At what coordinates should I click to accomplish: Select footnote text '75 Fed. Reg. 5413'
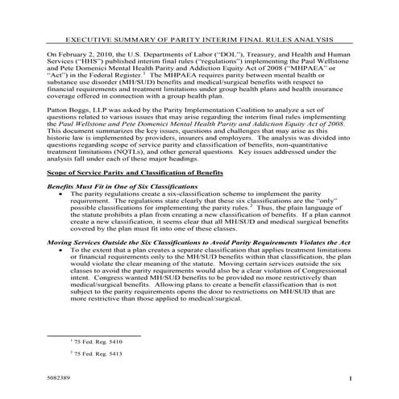96,354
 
